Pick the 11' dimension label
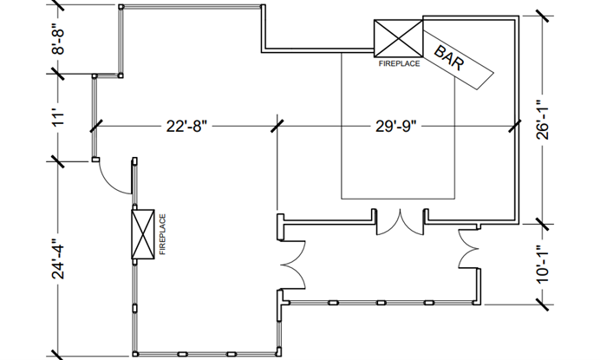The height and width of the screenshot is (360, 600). pos(59,118)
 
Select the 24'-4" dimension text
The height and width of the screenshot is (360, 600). pos(59,258)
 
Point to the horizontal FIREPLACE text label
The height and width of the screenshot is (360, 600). pos(397,63)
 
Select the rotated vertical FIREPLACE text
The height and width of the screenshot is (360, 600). pos(162,234)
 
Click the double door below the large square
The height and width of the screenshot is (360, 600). pos(400,222)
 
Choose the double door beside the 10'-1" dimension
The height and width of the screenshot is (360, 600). pos(469,254)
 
